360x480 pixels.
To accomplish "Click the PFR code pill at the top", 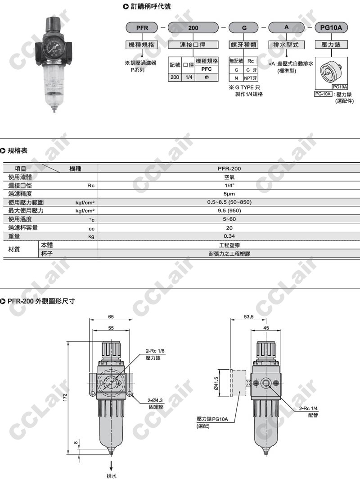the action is (x=142, y=27).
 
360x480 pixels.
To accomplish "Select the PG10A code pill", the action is (x=331, y=27).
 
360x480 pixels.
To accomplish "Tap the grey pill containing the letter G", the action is (x=244, y=27).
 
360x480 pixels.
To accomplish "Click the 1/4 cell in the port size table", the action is (x=189, y=77).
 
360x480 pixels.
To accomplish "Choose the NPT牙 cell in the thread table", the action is (x=251, y=78).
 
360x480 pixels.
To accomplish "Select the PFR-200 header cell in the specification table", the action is (x=229, y=168).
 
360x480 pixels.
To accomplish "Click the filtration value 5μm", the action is (x=229, y=194).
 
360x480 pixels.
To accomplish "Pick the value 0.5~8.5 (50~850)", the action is (x=229, y=202).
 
